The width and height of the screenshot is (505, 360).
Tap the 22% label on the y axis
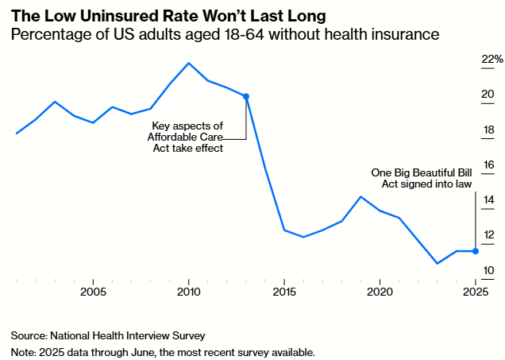(492, 60)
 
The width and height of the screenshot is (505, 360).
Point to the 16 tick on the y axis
(488, 165)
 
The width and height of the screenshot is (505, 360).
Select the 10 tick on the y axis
(488, 271)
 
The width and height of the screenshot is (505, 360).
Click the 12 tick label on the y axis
(488, 235)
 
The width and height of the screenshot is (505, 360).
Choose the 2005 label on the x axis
(94, 291)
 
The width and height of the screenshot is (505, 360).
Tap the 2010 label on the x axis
(189, 291)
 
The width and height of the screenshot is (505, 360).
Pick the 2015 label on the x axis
(284, 291)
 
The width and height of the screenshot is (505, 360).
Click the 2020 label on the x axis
(380, 291)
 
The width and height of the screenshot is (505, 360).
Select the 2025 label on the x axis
(475, 291)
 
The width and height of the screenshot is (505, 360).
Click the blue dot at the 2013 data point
(246, 96)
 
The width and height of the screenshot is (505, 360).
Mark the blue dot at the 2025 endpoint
(475, 251)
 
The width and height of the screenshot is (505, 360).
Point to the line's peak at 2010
(189, 63)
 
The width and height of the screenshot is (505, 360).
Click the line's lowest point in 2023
(437, 263)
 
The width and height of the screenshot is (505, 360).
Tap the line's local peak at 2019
(360, 196)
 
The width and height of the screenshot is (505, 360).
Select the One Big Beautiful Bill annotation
(422, 178)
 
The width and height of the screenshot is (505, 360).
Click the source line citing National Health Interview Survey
(114, 335)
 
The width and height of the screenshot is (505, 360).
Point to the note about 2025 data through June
(163, 351)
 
